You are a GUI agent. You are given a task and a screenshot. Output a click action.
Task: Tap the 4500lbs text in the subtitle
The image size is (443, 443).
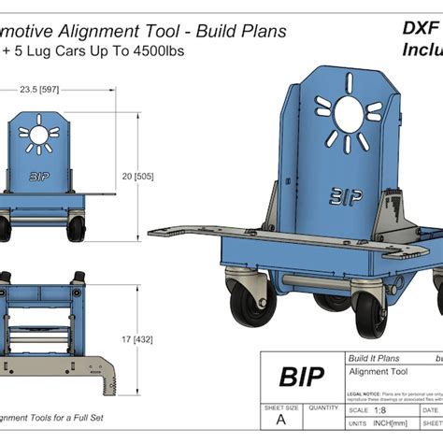click(x=160, y=50)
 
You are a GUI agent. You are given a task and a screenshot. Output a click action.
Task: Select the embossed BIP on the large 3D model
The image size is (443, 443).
click(x=344, y=191)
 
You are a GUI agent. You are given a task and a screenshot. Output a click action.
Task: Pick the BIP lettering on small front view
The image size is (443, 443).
click(x=41, y=175)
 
